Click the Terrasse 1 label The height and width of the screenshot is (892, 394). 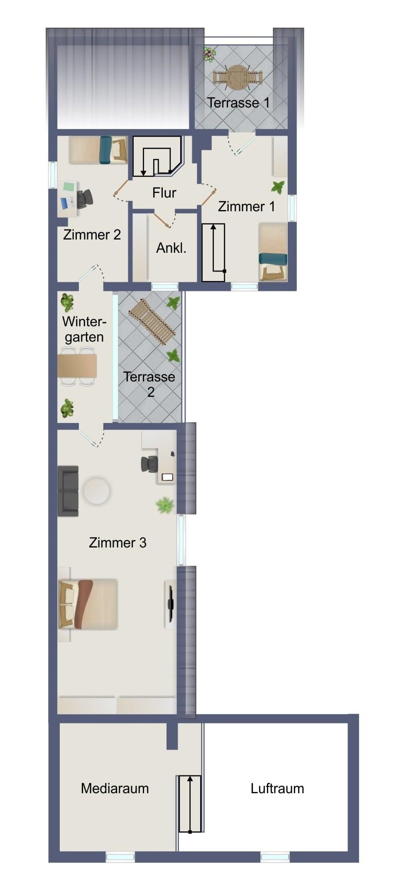(238, 103)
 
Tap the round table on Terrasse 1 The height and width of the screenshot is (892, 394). (237, 77)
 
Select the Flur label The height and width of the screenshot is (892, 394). (164, 193)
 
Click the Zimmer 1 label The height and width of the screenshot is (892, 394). (246, 206)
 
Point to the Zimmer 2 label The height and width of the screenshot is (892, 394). (92, 235)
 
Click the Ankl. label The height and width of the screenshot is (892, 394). (171, 248)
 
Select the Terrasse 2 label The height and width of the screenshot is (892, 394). (149, 384)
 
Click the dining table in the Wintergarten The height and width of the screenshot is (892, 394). (77, 366)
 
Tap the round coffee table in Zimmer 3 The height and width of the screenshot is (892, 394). (97, 491)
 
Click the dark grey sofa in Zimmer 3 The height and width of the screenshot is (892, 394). (68, 491)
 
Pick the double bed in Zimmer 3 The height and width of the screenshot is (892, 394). (88, 604)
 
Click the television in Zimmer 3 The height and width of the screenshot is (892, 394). (170, 604)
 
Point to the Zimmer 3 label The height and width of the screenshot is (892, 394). (117, 543)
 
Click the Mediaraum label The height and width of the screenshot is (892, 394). (115, 788)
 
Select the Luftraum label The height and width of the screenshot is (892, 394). (277, 788)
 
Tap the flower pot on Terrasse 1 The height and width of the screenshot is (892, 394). (209, 54)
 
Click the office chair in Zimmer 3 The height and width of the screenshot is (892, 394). (149, 464)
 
